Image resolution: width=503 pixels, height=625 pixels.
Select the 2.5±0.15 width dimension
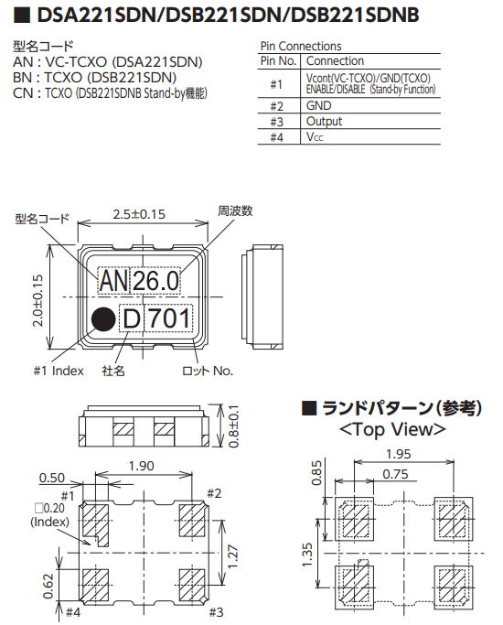(x=139, y=214)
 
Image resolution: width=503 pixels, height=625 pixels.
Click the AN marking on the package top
(x=114, y=281)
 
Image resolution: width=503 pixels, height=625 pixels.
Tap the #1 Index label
(x=58, y=371)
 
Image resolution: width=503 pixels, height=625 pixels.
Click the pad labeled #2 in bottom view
(x=190, y=522)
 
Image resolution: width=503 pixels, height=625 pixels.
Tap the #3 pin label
(x=216, y=611)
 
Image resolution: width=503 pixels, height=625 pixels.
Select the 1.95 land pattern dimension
(x=397, y=454)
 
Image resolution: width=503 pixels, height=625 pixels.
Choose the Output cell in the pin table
(x=325, y=121)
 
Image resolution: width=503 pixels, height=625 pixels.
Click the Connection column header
(x=335, y=61)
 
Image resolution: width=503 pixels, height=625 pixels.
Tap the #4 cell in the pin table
(x=276, y=136)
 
